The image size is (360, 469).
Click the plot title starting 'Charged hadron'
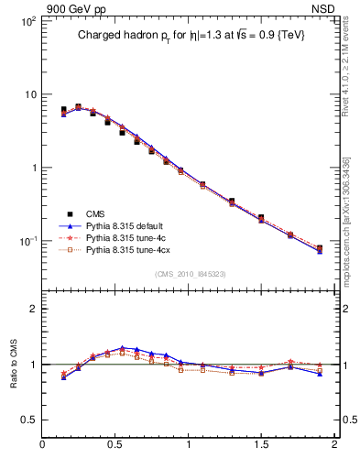click(x=190, y=35)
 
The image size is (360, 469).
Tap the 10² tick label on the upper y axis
click(x=27, y=21)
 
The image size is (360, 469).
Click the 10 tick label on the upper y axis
click(x=28, y=94)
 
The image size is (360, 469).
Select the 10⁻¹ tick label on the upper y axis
click(x=27, y=241)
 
